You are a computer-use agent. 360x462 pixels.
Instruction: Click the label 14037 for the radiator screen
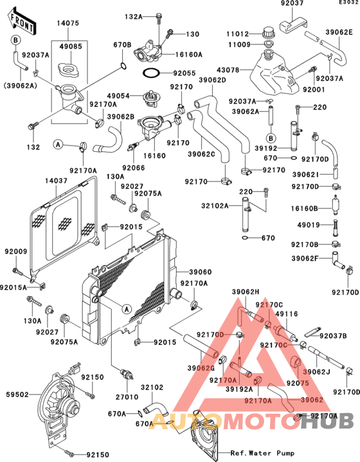(56, 181)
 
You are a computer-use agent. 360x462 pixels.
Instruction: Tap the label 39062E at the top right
(338, 32)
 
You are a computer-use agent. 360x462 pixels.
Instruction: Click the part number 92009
(15, 252)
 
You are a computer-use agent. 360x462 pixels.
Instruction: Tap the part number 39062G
(201, 367)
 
